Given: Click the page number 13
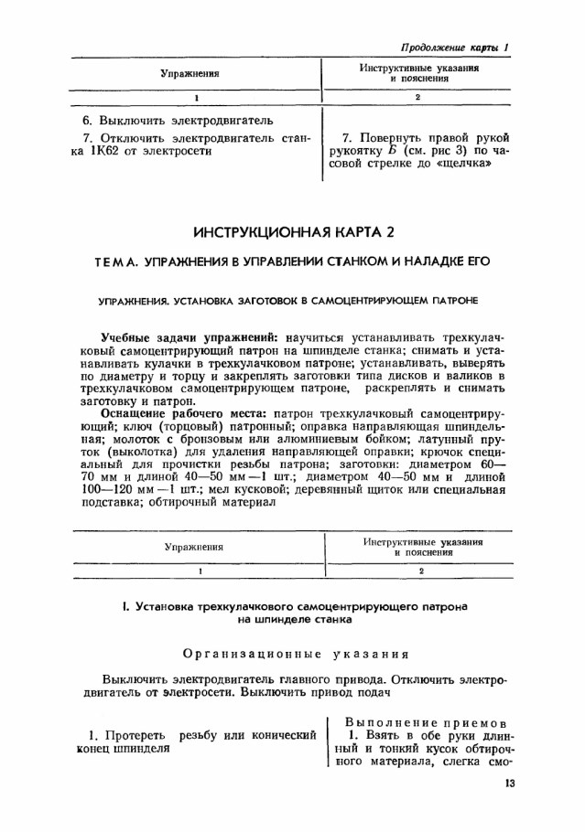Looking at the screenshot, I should [x=511, y=783].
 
